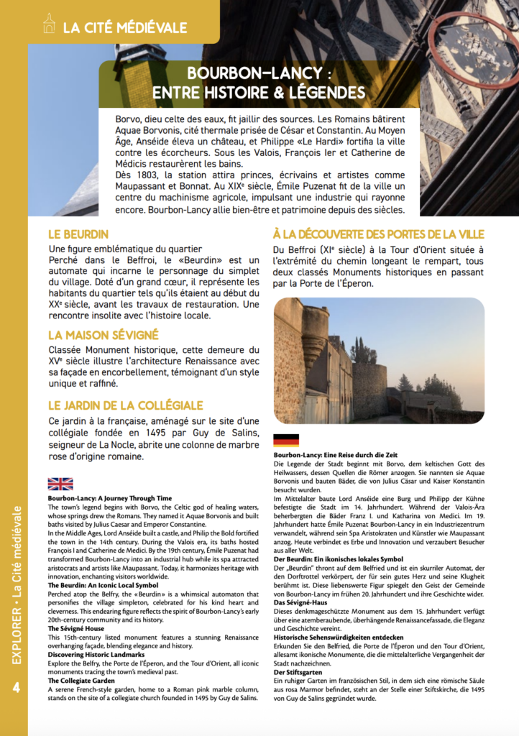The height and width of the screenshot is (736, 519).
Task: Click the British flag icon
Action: [x=60, y=484]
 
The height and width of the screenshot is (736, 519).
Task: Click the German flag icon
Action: [x=286, y=441]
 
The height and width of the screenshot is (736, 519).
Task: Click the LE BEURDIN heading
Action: [x=78, y=234]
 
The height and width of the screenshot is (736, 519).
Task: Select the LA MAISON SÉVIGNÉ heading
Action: [x=104, y=335]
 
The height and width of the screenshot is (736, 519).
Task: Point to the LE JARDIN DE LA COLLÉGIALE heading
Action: [x=125, y=405]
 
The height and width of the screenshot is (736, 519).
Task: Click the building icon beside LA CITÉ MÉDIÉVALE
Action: [x=49, y=25]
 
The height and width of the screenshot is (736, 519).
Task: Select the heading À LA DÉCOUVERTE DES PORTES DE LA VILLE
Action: [x=378, y=234]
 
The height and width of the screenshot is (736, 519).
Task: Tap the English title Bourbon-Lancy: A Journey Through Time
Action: [x=110, y=497]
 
